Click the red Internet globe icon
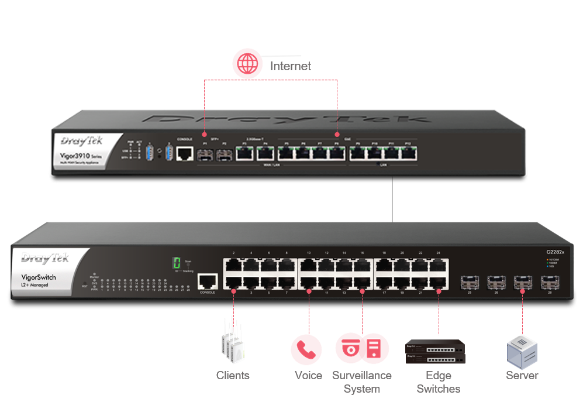pos(247,64)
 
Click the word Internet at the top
pos(290,66)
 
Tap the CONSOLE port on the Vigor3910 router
pos(185,153)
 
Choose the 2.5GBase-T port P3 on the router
pos(245,154)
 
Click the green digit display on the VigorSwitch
pos(175,264)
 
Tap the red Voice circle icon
pos(306,349)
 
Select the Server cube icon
pos(522,351)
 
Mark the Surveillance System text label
pos(361,382)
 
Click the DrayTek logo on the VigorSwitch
pos(46,258)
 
